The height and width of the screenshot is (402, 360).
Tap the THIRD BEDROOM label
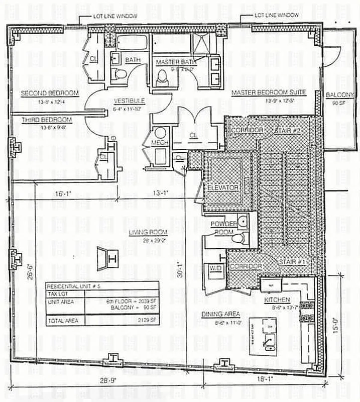click(x=47, y=120)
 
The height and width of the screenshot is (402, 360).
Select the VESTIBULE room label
click(x=122, y=100)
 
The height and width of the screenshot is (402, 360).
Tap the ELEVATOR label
click(x=222, y=187)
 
